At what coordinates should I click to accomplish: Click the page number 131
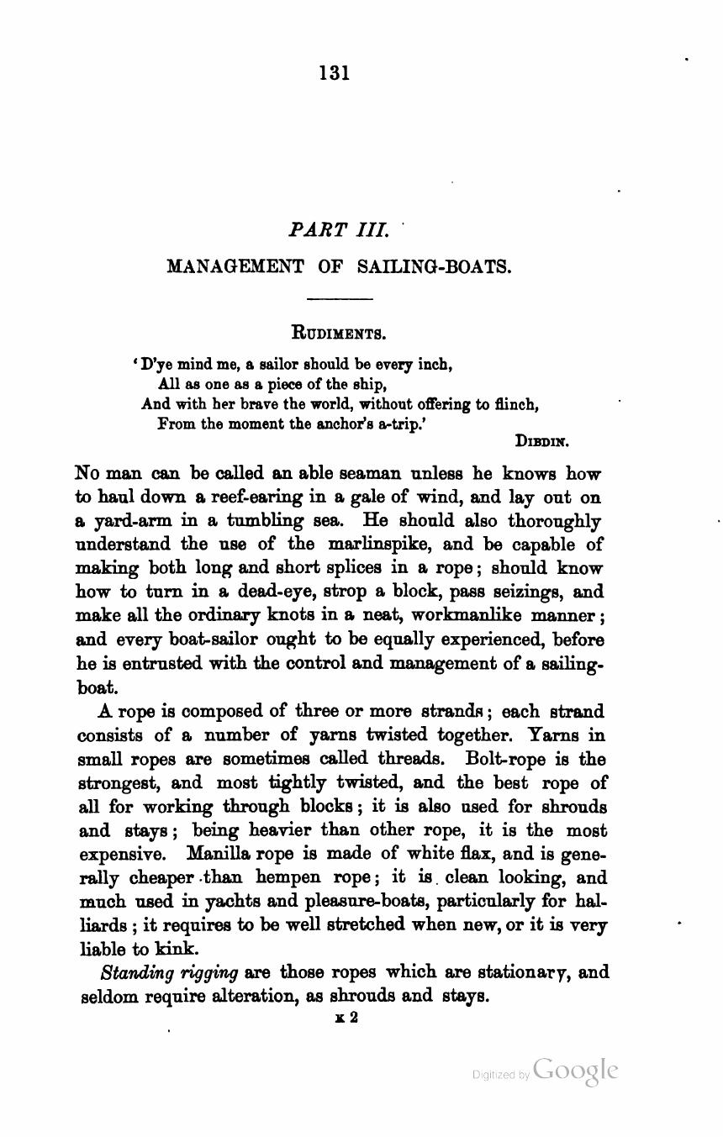334,72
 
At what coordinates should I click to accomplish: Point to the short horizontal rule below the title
340,298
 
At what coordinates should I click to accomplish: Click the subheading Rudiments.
338,332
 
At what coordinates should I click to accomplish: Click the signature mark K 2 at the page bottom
347,1017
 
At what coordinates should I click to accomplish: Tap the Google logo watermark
575,1071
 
